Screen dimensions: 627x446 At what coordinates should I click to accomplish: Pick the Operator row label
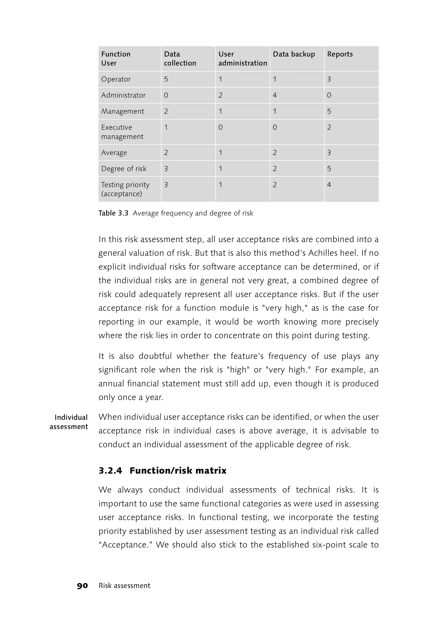coord(116,79)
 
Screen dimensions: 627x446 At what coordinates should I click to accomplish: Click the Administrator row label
coord(123,95)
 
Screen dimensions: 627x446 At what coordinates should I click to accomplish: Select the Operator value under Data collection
coord(166,79)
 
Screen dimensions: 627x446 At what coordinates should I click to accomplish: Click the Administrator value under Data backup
coord(275,95)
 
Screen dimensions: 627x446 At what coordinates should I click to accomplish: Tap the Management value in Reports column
coord(329,112)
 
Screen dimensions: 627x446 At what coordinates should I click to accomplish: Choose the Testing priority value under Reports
coord(329,185)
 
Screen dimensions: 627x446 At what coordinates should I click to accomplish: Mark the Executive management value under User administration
coord(220,127)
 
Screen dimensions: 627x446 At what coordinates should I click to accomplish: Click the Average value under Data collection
coord(166,153)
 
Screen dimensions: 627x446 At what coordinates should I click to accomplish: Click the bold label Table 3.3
coord(113,213)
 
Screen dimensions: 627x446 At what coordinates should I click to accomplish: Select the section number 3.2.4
coord(110,471)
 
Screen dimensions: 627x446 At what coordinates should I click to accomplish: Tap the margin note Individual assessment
coord(69,422)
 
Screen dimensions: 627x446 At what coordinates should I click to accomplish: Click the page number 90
coord(82,586)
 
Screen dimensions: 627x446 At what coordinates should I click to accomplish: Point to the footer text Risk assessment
coord(124,586)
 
